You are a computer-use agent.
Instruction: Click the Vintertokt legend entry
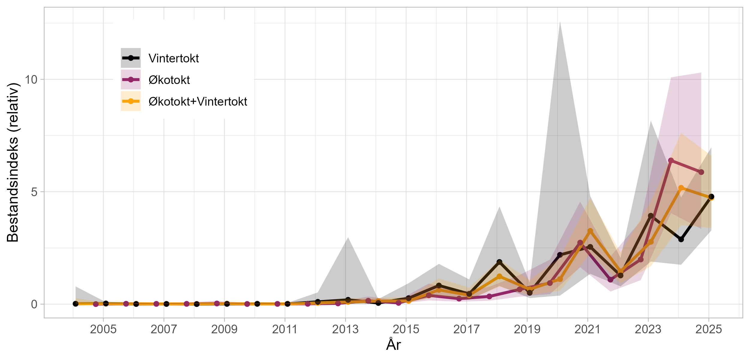tap(173, 58)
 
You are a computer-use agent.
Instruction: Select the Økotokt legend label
tap(169, 80)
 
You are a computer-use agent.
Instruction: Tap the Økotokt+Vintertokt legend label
tap(198, 102)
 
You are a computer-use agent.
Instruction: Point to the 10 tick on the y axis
tap(31, 79)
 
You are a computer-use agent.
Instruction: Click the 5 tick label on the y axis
tap(34, 192)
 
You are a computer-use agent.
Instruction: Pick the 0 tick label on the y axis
tap(34, 304)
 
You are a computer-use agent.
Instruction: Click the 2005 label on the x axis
tap(103, 329)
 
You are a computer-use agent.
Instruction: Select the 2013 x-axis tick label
tap(345, 329)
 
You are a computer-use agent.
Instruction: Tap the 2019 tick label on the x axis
tap(527, 329)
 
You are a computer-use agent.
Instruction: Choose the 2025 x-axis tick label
tap(709, 329)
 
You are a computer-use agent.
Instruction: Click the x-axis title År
tap(393, 345)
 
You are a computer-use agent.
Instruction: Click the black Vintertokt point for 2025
tap(711, 197)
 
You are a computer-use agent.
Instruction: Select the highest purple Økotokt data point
tap(671, 160)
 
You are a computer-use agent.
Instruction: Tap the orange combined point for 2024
tap(681, 188)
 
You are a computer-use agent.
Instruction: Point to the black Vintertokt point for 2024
tap(681, 239)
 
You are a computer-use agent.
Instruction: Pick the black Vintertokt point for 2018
tap(499, 262)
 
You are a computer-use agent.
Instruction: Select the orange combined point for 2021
tap(590, 231)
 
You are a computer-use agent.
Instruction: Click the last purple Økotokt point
tap(701, 172)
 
